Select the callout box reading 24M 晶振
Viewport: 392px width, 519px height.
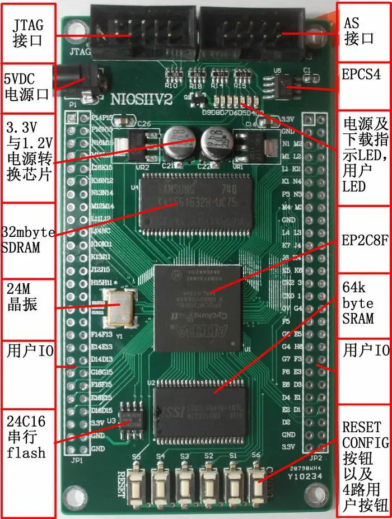click(x=26, y=298)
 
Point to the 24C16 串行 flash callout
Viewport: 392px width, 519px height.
click(x=27, y=435)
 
